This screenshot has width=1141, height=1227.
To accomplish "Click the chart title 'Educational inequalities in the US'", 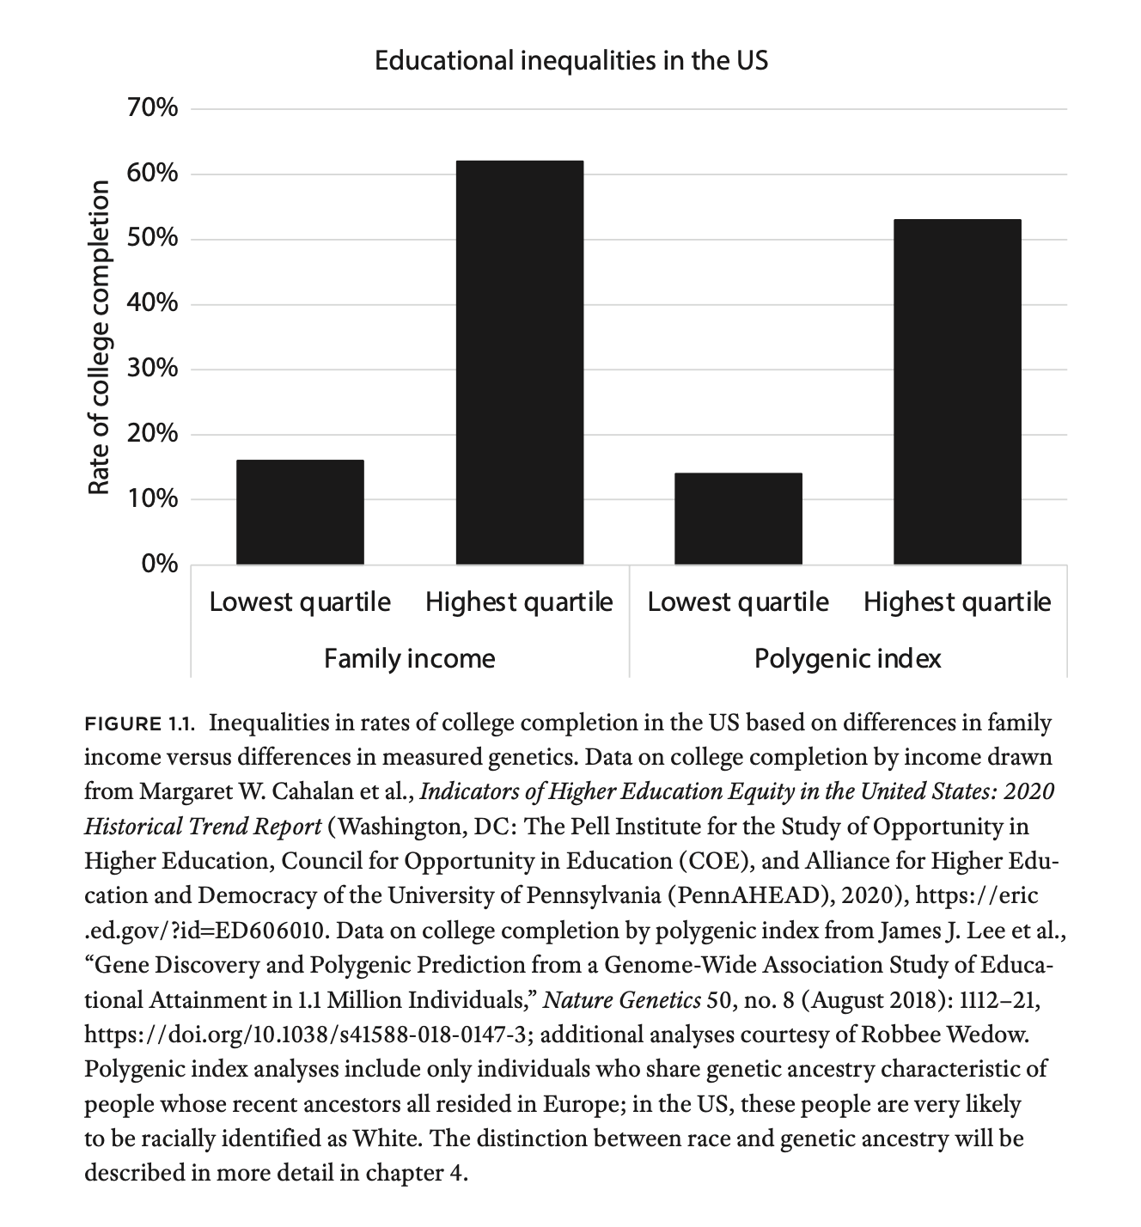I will tap(571, 61).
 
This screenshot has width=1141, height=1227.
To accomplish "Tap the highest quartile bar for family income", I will tap(519, 362).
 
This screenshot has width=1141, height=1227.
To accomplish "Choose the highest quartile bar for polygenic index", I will tap(957, 392).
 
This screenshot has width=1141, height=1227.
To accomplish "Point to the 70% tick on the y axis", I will tap(156, 109).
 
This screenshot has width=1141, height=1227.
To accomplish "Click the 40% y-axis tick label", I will tap(156, 304).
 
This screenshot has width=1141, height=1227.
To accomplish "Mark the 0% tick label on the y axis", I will tap(161, 565).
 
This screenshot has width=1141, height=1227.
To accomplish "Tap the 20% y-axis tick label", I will tap(156, 434).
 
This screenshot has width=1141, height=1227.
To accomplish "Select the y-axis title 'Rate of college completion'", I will tap(100, 337).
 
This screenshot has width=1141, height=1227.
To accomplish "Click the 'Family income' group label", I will tap(410, 659).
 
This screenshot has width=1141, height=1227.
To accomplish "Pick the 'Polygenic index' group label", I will tap(847, 659).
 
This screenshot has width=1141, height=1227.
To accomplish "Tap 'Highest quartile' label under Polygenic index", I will tap(957, 602).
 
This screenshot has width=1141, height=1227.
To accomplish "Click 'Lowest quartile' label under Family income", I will tap(300, 602).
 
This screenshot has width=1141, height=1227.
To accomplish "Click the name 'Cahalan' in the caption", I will tap(310, 791).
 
